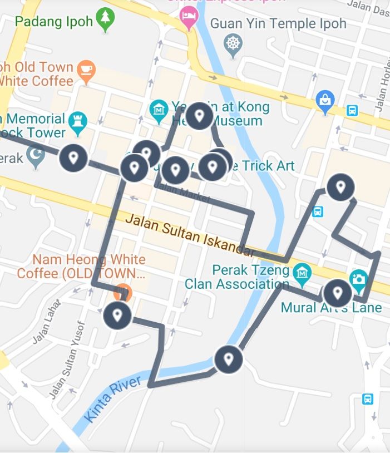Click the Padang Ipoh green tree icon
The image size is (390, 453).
[104, 21]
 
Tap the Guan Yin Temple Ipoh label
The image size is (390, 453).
[278, 23]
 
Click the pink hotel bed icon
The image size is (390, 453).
[189, 18]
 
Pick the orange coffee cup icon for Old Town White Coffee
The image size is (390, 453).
[86, 71]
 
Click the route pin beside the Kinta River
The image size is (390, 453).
[228, 359]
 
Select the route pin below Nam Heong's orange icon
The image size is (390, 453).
[117, 316]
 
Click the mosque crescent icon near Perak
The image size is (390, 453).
[36, 157]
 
